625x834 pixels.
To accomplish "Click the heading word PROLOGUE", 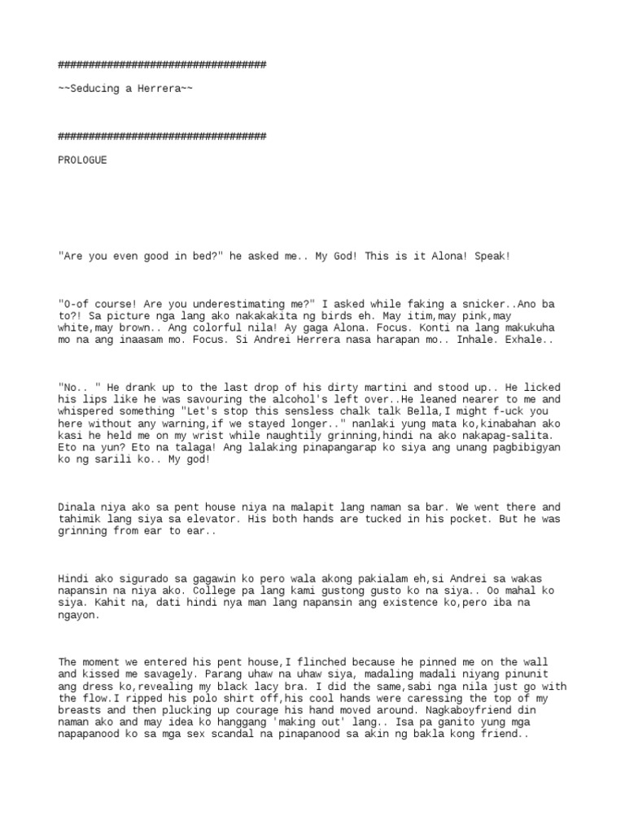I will click(82, 160).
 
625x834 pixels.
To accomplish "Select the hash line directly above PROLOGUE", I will click(162, 136).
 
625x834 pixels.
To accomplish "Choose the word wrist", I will click(195, 436).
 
